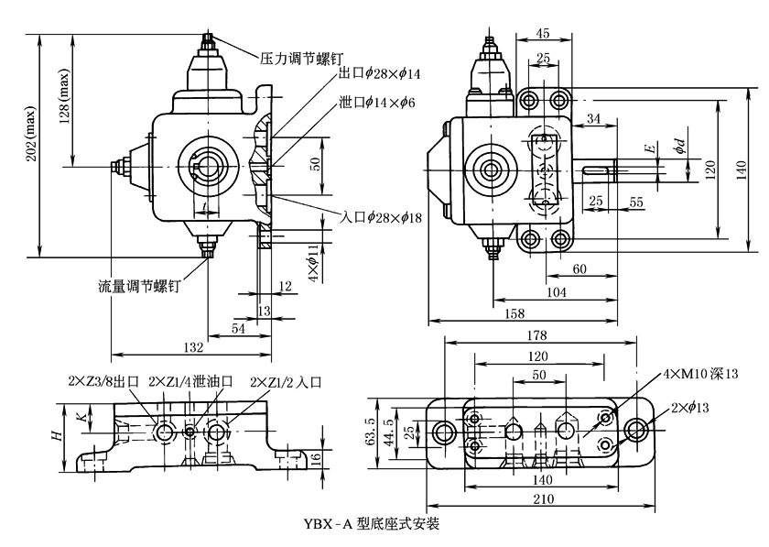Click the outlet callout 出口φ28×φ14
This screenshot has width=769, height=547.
(379, 72)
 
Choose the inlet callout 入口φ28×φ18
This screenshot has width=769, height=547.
(381, 217)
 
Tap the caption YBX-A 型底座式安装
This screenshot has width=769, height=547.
(370, 525)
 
